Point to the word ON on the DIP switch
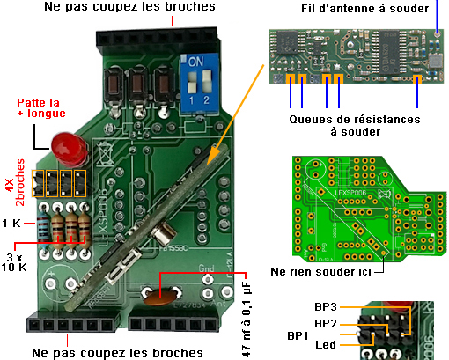pos(197,63)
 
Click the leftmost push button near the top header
pos(114,85)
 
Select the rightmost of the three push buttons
pos(164,85)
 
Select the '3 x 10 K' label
pos(16,262)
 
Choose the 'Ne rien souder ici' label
pos(320,271)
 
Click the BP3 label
pos(325,306)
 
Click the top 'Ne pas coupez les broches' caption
pos(129,8)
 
